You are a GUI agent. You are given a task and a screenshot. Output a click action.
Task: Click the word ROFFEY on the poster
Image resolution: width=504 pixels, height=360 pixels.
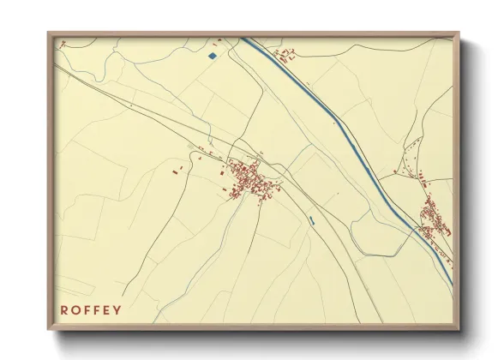(x=91, y=310)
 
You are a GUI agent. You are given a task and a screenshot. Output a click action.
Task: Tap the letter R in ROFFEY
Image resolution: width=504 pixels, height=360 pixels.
(x=64, y=310)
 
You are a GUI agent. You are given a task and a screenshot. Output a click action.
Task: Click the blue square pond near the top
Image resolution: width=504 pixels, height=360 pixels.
(x=212, y=57)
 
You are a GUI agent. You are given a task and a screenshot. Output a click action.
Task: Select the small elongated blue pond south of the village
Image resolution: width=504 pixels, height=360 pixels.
(x=311, y=223)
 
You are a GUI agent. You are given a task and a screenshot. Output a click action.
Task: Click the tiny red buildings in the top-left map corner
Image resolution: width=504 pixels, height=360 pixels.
(x=61, y=43)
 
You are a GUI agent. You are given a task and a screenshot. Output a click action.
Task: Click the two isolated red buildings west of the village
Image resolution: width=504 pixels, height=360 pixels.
(x=177, y=171)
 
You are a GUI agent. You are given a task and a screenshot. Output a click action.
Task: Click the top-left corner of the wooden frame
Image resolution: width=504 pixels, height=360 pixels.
(x=49, y=33)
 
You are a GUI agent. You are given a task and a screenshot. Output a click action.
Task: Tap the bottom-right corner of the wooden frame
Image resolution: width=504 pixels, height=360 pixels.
(x=459, y=329)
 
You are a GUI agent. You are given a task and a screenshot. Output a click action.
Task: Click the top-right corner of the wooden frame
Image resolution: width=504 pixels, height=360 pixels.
(x=459, y=33)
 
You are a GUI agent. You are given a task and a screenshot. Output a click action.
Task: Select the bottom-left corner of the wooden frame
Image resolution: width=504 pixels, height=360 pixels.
(x=49, y=329)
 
